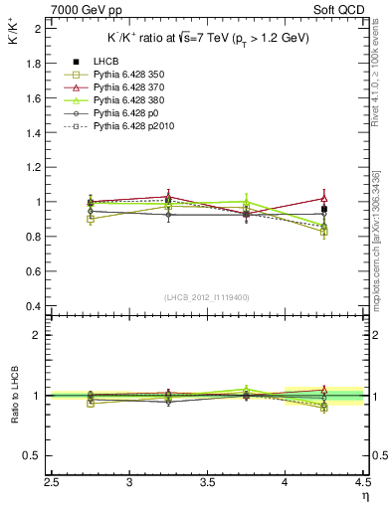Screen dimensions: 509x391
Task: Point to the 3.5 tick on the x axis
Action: pyautogui.click(x=208, y=480)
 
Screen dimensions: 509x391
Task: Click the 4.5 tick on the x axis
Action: pyautogui.click(x=361, y=480)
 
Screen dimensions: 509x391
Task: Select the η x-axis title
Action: pyautogui.click(x=365, y=494)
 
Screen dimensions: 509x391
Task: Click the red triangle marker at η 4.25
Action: pyautogui.click(x=323, y=198)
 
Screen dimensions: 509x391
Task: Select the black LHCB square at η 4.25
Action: pyautogui.click(x=323, y=209)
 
